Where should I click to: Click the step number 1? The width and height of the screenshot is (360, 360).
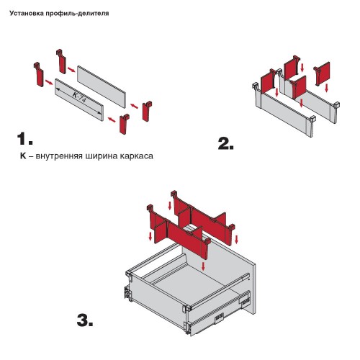click(x=25, y=139)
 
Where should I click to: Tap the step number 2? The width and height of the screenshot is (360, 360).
click(x=225, y=143)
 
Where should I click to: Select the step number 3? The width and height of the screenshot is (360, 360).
click(x=85, y=320)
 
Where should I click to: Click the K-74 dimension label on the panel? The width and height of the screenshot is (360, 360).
click(x=79, y=96)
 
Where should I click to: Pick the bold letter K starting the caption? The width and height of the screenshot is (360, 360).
click(x=23, y=156)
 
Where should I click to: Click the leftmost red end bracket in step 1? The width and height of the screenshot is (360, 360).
click(x=38, y=74)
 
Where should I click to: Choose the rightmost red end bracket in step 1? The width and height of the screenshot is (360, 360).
click(x=147, y=111)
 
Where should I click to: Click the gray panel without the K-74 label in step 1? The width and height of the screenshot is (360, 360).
click(x=102, y=86)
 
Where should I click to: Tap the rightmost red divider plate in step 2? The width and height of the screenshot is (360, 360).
click(x=322, y=73)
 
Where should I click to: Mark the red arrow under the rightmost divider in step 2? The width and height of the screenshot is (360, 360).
click(x=326, y=88)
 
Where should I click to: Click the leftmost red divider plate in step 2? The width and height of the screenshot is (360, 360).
click(x=268, y=81)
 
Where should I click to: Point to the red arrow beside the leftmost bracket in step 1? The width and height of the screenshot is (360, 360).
click(x=49, y=82)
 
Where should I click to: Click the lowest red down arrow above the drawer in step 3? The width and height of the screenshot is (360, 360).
click(x=204, y=266)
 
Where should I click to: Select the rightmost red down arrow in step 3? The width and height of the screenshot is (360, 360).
click(x=237, y=239)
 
